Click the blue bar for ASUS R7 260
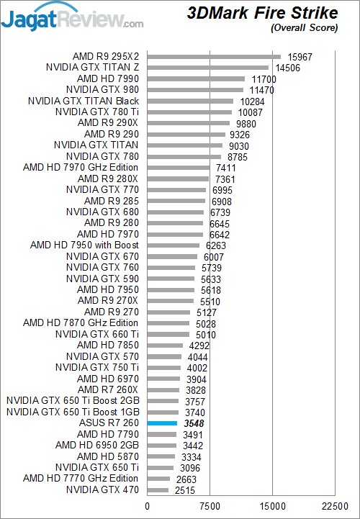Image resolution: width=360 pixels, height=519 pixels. tap(162, 423)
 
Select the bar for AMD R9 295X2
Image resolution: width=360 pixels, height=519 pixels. tap(214, 57)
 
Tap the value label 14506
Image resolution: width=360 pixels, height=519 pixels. tap(288, 68)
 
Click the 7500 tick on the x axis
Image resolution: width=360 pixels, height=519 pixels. tap(210, 507)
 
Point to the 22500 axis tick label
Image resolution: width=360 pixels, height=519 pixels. tap(335, 507)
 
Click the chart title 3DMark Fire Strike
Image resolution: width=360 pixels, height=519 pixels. tap(262, 13)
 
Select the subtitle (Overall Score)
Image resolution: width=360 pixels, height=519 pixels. tap(305, 28)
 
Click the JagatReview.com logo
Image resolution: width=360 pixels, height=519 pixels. tap(72, 18)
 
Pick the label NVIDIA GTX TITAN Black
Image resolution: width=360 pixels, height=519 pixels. tap(84, 101)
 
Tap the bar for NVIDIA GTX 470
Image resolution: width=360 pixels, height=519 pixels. tap(158, 490)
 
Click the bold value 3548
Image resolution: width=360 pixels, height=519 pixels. tap(194, 424)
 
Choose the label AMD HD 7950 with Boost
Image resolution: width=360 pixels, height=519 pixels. tap(84, 245)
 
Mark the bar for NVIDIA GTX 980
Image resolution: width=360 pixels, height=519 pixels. tap(195, 90)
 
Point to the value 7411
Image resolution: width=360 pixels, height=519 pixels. tap(225, 168)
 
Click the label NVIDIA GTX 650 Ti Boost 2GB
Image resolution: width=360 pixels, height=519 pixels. tap(73, 401)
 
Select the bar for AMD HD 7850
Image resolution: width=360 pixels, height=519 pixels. tap(166, 346)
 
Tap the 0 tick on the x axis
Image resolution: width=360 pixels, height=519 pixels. tap(148, 507)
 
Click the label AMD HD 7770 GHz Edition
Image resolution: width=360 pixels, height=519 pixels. tap(81, 479)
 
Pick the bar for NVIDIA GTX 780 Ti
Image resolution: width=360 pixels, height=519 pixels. tap(190, 112)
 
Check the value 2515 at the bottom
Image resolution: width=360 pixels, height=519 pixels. tap(185, 490)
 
